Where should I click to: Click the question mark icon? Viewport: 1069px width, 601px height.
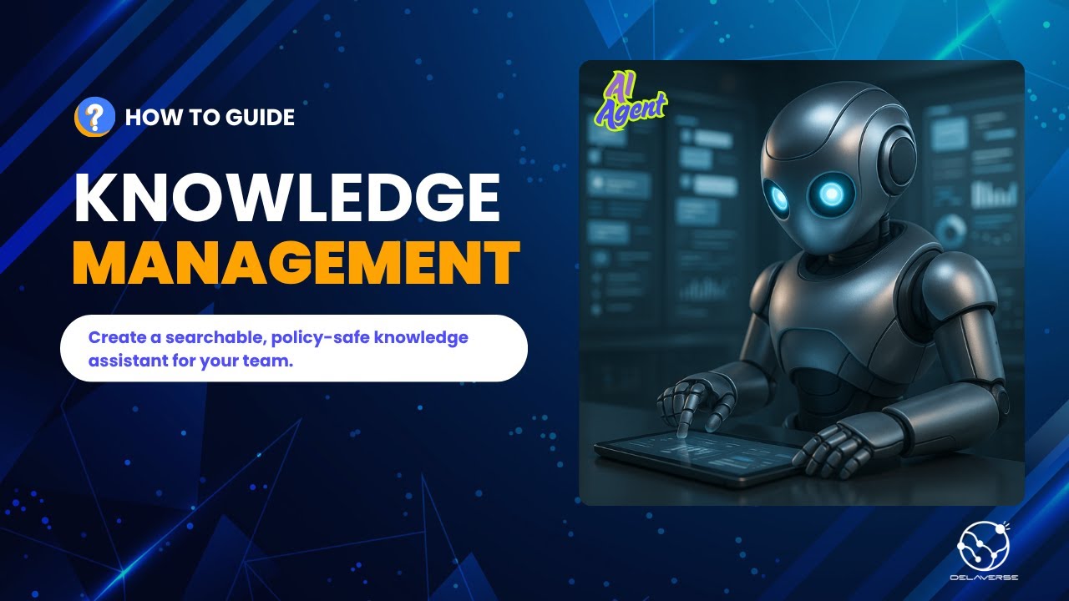tap(94, 117)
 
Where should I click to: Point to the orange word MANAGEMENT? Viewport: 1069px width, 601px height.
tap(296, 263)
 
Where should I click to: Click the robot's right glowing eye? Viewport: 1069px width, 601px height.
tap(832, 194)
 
